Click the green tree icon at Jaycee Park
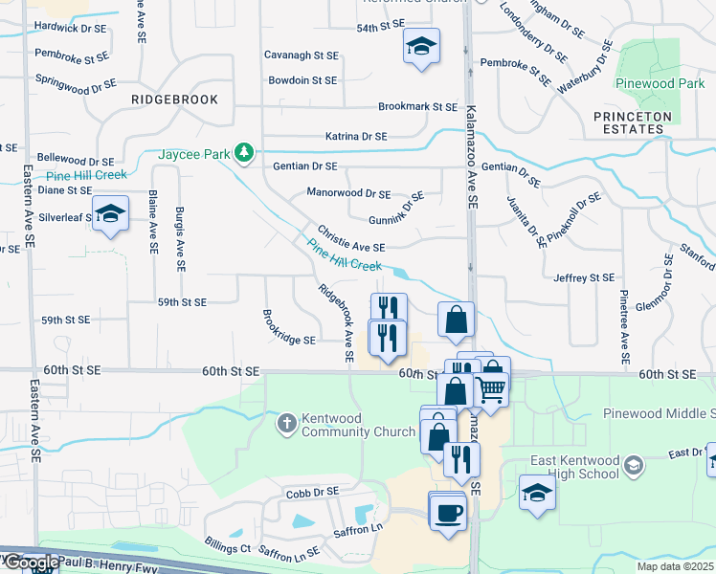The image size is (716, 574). click(246, 152)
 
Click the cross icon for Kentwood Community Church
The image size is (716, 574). click(286, 422)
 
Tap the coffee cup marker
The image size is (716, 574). click(447, 511)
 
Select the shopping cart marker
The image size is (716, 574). click(491, 387)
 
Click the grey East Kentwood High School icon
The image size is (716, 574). click(633, 466)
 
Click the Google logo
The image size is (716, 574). click(31, 563)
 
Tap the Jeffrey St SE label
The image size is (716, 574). click(583, 277)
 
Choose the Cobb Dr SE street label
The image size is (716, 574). click(312, 492)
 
